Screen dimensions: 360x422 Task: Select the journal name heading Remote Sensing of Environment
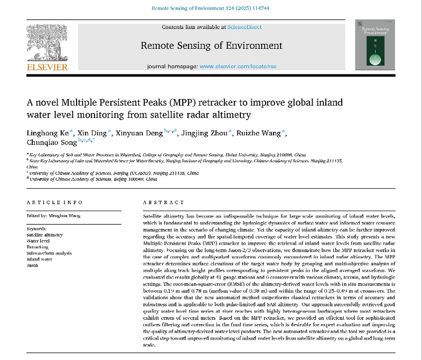coord(211,45)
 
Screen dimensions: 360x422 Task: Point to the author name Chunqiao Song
coord(51,142)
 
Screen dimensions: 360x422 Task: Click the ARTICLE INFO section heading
coord(54,202)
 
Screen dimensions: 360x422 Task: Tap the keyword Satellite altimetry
coord(44,234)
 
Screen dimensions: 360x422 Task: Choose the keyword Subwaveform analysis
coord(49,253)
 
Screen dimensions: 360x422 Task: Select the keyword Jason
coord(32,265)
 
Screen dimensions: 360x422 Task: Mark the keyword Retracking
coord(37,246)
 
